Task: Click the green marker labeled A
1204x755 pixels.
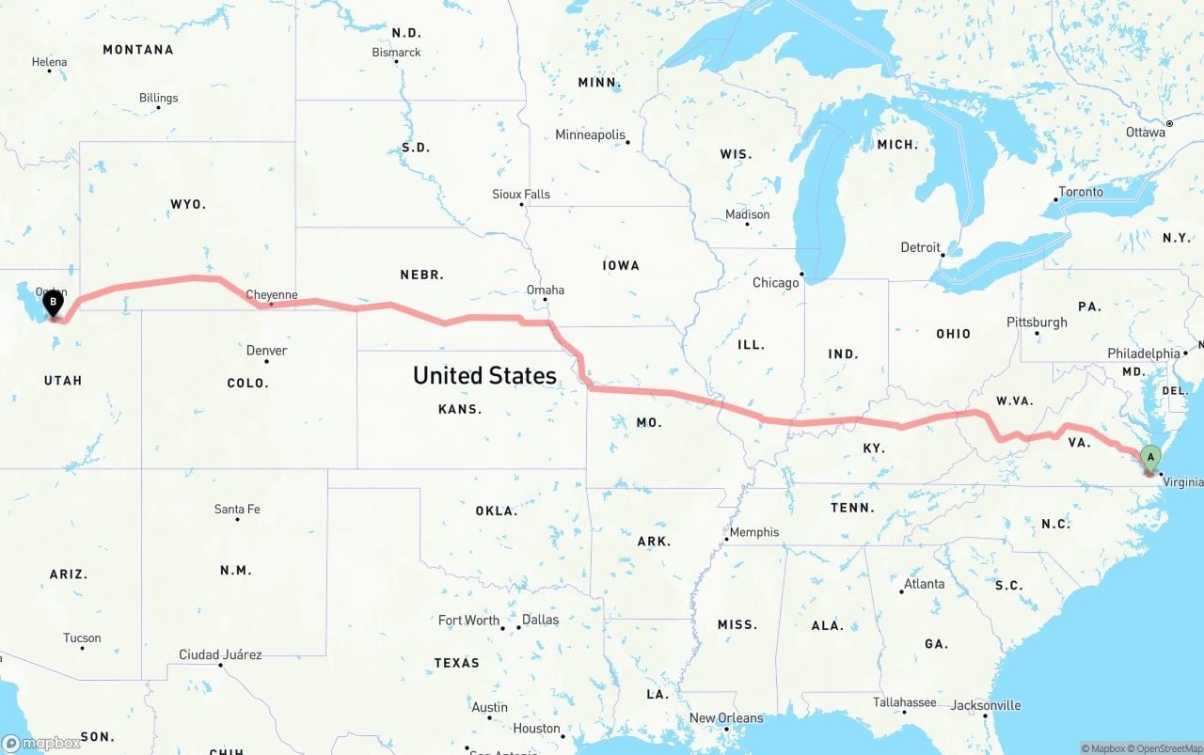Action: pos(1149,459)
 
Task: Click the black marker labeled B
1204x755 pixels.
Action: pos(54,304)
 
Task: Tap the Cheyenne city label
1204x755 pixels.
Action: pos(272,294)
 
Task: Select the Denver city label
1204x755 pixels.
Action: pos(266,351)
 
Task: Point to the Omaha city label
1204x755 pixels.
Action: pos(546,290)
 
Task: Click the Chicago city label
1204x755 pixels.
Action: pos(775,282)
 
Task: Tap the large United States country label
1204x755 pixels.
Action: pos(484,375)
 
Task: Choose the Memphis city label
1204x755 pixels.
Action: pos(754,532)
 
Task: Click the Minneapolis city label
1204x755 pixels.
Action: pos(590,134)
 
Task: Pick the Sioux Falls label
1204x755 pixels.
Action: pos(521,194)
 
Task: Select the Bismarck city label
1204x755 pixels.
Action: pos(396,53)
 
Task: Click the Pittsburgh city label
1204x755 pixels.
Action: pos(1037,322)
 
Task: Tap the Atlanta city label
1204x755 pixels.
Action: pos(924,584)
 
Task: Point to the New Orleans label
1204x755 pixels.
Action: pos(726,718)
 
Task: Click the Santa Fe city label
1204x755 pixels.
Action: pos(237,509)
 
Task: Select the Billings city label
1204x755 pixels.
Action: pos(158,98)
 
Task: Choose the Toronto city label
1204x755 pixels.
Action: pos(1081,192)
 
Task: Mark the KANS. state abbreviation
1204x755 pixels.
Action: pos(460,409)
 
